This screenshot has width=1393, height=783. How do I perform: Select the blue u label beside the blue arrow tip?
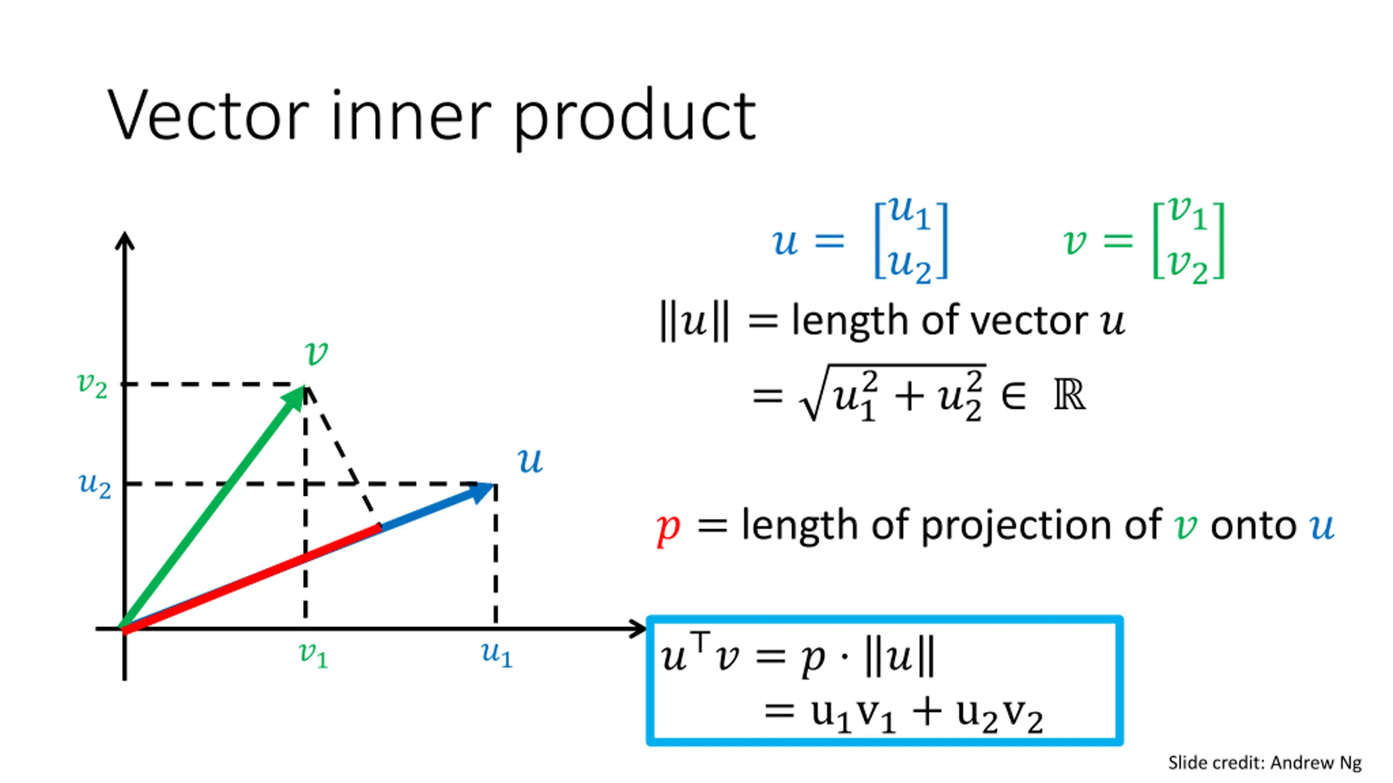(x=530, y=461)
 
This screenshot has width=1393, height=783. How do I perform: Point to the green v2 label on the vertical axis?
(x=92, y=385)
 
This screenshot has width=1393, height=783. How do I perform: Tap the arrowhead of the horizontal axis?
(x=638, y=629)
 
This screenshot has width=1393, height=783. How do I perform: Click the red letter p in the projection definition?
(x=668, y=528)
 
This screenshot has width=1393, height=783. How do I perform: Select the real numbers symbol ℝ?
(x=1069, y=395)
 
